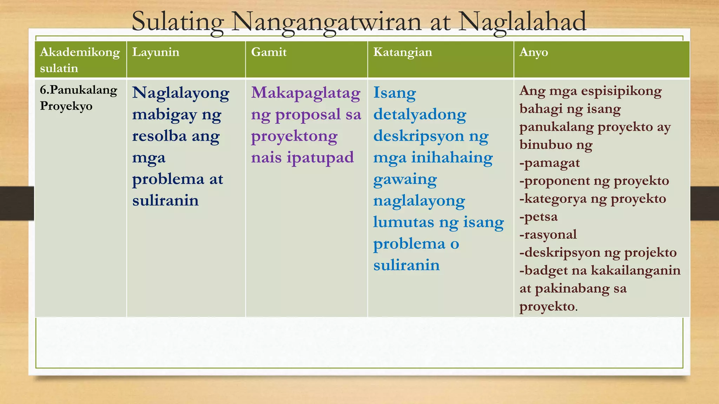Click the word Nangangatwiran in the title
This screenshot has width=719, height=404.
click(x=326, y=22)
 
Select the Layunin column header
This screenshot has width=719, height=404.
click(x=156, y=52)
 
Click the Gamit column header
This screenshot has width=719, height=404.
click(x=269, y=52)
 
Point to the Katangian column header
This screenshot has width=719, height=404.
click(x=402, y=52)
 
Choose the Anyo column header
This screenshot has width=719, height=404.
click(x=533, y=52)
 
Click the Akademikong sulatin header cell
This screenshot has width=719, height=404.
click(x=80, y=60)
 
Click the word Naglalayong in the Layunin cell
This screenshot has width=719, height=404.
click(x=180, y=93)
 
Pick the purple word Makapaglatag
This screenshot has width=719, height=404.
click(x=305, y=93)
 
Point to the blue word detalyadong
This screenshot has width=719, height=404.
click(x=420, y=115)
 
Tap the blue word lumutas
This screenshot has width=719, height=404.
click(x=403, y=222)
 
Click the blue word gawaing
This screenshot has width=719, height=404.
click(x=405, y=180)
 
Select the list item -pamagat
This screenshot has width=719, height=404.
click(x=549, y=163)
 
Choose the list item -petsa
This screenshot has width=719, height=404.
click(x=538, y=217)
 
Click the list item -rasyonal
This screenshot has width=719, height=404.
click(x=548, y=235)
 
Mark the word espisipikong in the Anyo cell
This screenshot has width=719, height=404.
click(x=621, y=91)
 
